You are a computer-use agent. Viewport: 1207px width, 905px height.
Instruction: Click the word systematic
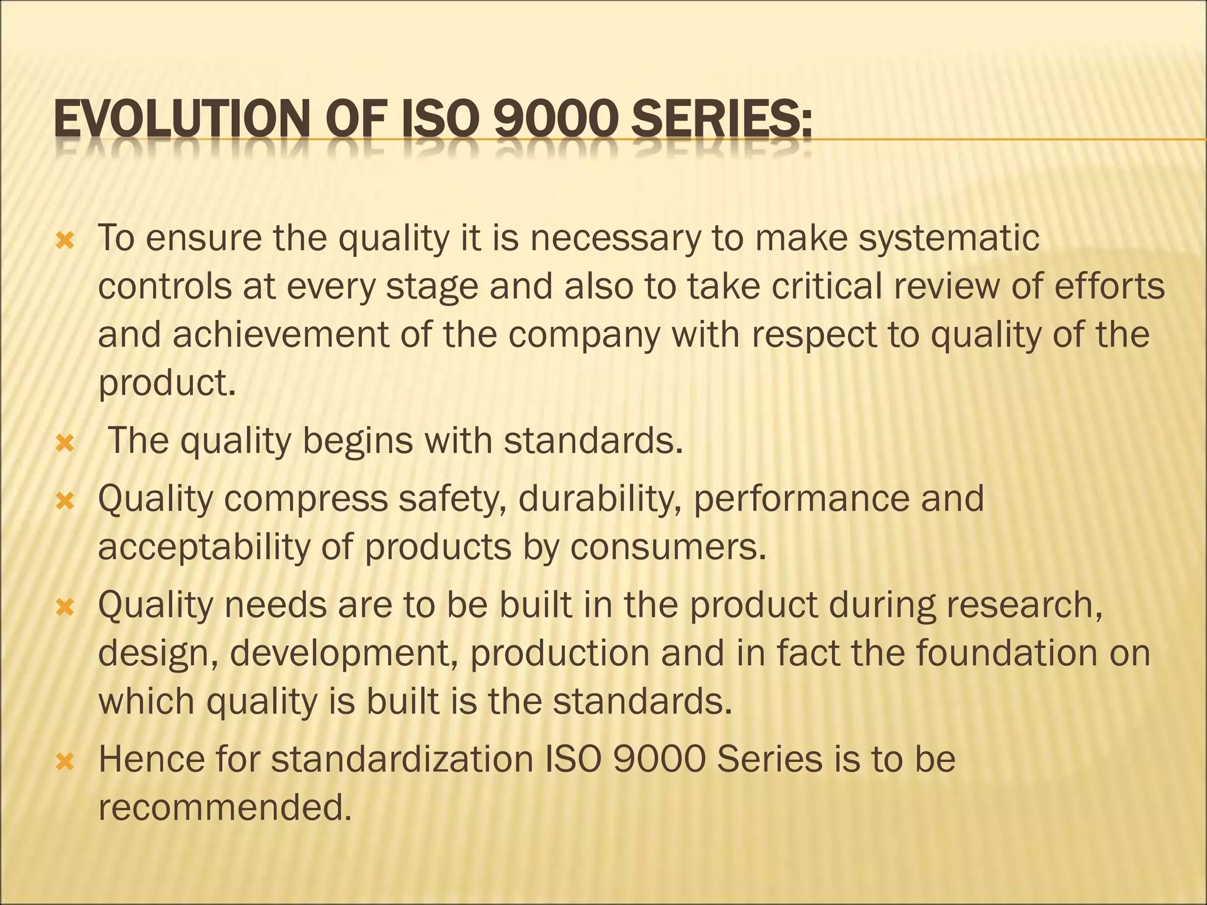[x=949, y=239]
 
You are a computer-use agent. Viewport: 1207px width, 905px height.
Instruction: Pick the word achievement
[x=281, y=335]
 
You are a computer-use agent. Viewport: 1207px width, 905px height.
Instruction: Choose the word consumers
[x=668, y=547]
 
